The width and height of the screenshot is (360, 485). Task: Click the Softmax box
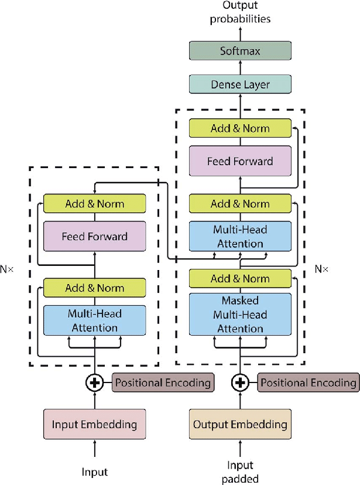pyautogui.click(x=240, y=50)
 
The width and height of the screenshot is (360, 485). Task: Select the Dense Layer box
pyautogui.click(x=240, y=84)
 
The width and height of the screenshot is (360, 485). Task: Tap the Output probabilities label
pyautogui.click(x=240, y=12)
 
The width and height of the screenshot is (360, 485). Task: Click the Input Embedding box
pyautogui.click(x=94, y=424)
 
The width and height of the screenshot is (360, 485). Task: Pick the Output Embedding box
pyautogui.click(x=240, y=424)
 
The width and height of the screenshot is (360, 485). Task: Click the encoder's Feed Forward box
pyautogui.click(x=94, y=237)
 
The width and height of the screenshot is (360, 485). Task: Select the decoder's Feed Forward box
pyautogui.click(x=240, y=161)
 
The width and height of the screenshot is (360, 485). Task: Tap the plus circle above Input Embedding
pyautogui.click(x=94, y=383)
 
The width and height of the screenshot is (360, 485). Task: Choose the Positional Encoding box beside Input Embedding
pyautogui.click(x=163, y=383)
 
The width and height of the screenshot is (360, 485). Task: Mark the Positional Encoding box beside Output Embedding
pyautogui.click(x=308, y=383)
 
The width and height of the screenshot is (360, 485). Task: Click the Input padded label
pyautogui.click(x=240, y=472)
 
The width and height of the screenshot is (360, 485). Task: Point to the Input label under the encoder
pyautogui.click(x=94, y=472)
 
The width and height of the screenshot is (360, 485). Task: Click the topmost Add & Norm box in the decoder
pyautogui.click(x=240, y=128)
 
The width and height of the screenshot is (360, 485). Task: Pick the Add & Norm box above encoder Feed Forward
pyautogui.click(x=94, y=203)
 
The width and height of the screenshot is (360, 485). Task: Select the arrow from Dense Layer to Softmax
pyautogui.click(x=240, y=67)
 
